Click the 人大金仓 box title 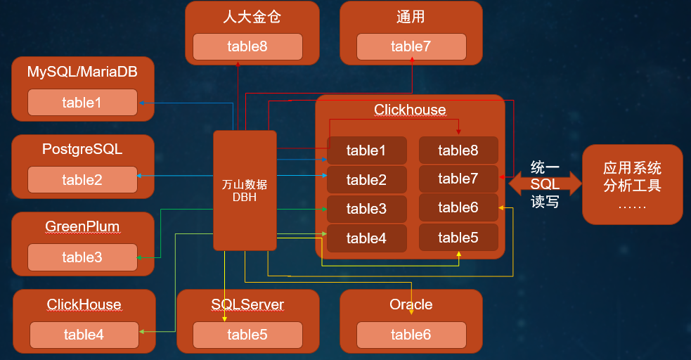click(x=247, y=17)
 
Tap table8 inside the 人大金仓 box click(x=247, y=47)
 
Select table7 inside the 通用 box click(x=411, y=47)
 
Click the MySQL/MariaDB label click(x=82, y=72)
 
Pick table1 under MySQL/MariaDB click(x=82, y=103)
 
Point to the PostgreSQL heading click(x=82, y=149)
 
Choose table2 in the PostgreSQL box click(x=82, y=180)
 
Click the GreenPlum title click(x=82, y=226)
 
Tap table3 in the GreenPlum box click(x=82, y=257)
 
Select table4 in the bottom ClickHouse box click(x=84, y=335)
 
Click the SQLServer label click(x=247, y=304)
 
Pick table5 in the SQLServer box click(x=247, y=335)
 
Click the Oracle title click(x=411, y=304)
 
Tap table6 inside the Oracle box click(x=411, y=335)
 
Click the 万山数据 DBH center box click(x=245, y=190)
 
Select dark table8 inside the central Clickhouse click(x=458, y=150)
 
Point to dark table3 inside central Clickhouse click(x=366, y=209)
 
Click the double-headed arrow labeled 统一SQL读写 click(x=545, y=184)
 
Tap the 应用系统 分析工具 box click(x=632, y=184)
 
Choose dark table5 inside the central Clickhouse click(x=458, y=238)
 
